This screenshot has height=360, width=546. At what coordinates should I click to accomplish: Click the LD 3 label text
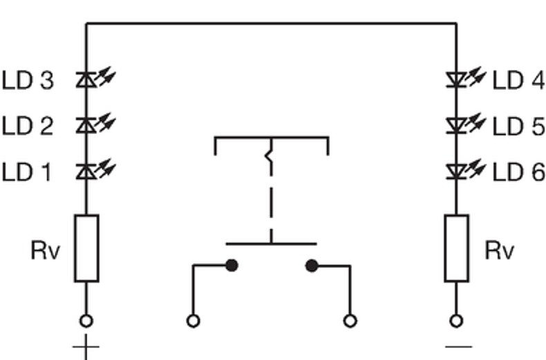(28, 80)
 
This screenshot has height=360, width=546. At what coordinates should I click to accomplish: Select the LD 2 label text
(28, 126)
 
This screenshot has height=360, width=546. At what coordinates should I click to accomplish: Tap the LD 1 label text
(27, 172)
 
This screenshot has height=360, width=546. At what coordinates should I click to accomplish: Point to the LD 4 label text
(518, 80)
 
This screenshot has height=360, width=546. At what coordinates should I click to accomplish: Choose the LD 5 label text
(518, 126)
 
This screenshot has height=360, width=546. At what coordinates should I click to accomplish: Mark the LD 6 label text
(518, 172)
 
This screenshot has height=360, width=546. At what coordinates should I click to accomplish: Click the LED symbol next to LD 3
(95, 77)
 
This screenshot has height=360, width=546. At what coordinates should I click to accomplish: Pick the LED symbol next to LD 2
(95, 123)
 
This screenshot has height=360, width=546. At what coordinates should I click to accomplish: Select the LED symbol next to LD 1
(95, 169)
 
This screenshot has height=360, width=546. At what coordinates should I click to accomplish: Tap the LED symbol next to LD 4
(466, 77)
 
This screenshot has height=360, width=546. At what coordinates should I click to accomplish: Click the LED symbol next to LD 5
(466, 123)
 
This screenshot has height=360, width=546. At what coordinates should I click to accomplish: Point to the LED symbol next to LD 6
(466, 169)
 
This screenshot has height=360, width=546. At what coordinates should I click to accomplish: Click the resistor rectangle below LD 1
(86, 248)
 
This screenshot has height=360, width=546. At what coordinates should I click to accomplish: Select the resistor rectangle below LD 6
(457, 248)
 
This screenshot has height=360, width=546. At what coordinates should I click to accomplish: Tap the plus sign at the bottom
(86, 347)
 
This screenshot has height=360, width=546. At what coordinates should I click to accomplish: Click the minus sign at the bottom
(459, 347)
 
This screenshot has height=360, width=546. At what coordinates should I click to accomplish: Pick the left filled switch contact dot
(232, 265)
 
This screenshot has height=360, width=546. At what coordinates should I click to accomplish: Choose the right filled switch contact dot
(312, 265)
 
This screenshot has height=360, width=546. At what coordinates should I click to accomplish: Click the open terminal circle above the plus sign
(86, 321)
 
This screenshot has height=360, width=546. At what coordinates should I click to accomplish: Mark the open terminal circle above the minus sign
(456, 321)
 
